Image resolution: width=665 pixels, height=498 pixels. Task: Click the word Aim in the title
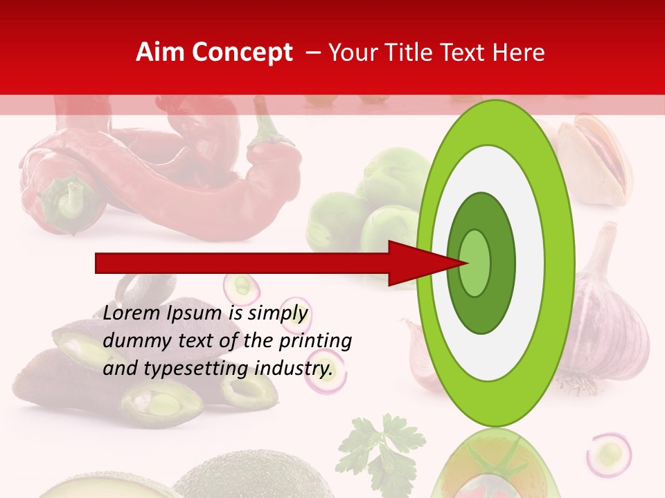point(159,53)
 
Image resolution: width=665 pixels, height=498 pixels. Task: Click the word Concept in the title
point(241,53)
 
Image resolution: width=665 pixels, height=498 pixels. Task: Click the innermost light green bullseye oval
point(475,263)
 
